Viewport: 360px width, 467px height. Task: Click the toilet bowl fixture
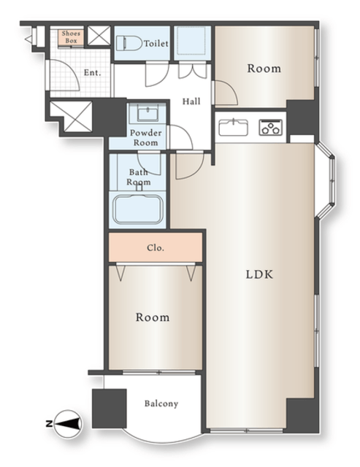pos(129,44)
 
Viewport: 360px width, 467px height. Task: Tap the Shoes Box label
pos(71,37)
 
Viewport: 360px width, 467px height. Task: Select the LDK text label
pos(259,274)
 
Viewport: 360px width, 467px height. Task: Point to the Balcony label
pos(161,404)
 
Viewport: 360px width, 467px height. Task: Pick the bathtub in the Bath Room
pos(138,209)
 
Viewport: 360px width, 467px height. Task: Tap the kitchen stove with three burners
pos(271,128)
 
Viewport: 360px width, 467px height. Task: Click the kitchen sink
pos(234,127)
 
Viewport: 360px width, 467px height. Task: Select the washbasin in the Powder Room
pos(148,112)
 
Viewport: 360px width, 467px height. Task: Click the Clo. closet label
pos(156,248)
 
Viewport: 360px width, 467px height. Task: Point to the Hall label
pos(191,101)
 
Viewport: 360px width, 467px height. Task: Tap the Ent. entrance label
pos(93,72)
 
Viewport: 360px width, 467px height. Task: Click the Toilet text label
pos(156,44)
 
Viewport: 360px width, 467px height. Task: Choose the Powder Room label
pos(146,138)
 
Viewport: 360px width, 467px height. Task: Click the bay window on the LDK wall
pos(326,181)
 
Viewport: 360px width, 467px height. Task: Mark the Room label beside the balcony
pos(153,317)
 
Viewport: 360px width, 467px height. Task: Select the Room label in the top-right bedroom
pos(264,69)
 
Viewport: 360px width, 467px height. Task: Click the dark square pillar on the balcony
pos(110,409)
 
